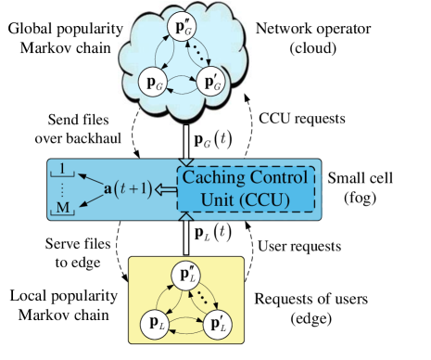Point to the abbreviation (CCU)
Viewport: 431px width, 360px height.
pyautogui.click(x=270, y=199)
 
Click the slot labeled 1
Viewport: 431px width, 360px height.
pyautogui.click(x=63, y=168)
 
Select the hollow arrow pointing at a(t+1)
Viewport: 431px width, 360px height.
pyautogui.click(x=165, y=190)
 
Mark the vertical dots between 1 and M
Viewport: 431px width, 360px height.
pyautogui.click(x=63, y=189)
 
